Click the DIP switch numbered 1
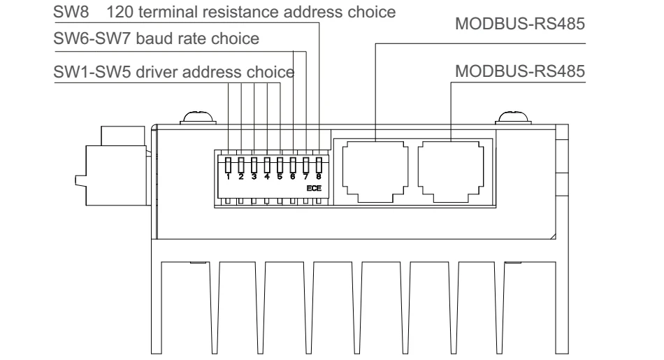click(x=229, y=165)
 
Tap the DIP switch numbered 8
click(x=319, y=165)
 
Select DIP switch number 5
click(x=280, y=165)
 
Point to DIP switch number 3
click(x=254, y=165)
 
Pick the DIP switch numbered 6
click(x=293, y=165)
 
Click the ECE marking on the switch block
click(x=314, y=188)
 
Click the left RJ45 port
click(x=375, y=171)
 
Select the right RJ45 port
click(x=451, y=171)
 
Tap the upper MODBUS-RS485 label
click(x=520, y=24)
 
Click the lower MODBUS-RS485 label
click(x=520, y=71)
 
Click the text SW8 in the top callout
click(x=71, y=12)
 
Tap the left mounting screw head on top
click(x=198, y=117)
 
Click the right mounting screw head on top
click(x=513, y=117)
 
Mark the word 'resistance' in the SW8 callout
click(x=241, y=12)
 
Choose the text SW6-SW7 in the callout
click(x=92, y=38)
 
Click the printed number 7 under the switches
click(x=305, y=177)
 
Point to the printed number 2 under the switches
click(x=241, y=177)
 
